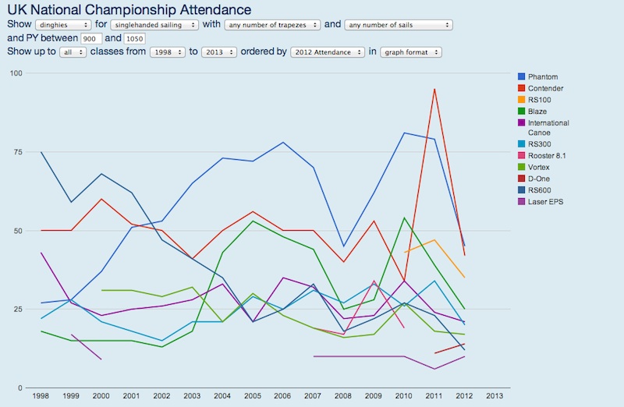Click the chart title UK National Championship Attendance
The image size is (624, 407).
[x=129, y=9]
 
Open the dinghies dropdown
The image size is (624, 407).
[x=63, y=25]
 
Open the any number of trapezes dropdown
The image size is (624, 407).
[x=271, y=25]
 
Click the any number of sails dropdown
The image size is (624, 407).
[x=398, y=25]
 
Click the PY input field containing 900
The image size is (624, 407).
[x=90, y=38]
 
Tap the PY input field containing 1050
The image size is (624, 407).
[x=134, y=38]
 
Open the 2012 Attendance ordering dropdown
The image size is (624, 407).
[x=327, y=52]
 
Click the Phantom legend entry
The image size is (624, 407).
[x=542, y=76]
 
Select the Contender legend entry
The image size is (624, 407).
[x=545, y=88]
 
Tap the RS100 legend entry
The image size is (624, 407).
[x=540, y=100]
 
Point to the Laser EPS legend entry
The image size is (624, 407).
[x=544, y=203]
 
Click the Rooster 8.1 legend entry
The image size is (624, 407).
[x=548, y=156]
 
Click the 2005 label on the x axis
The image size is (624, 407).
[x=251, y=395]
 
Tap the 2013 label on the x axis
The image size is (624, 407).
[x=495, y=395]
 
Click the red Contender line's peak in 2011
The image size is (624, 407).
[x=434, y=89]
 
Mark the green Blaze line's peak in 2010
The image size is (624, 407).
[x=403, y=218]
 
